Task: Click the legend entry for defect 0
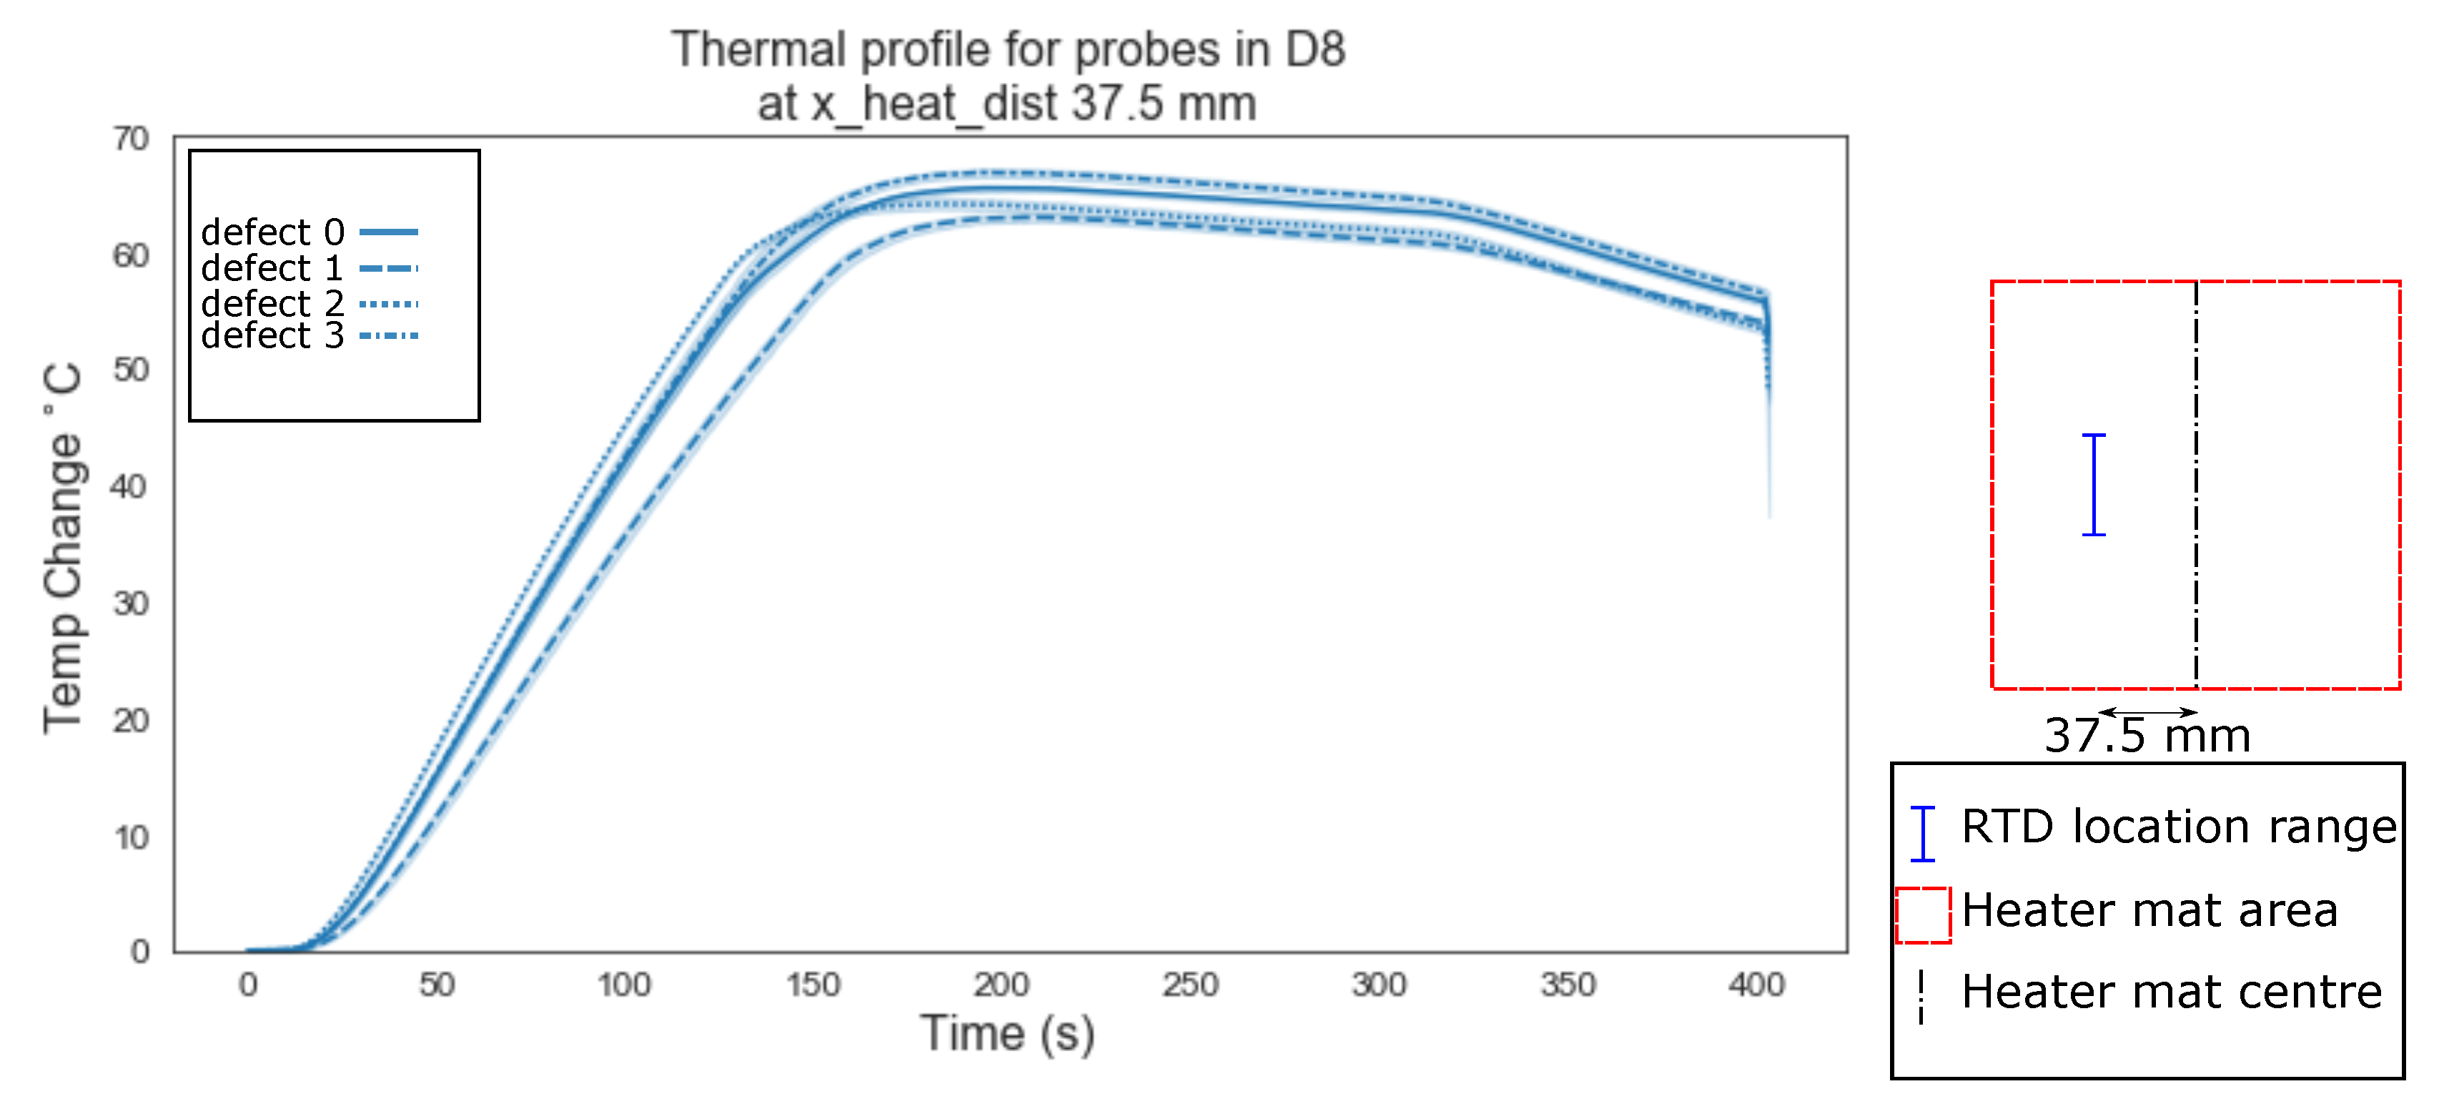click(272, 232)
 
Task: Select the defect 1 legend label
click(272, 268)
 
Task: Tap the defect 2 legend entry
click(272, 304)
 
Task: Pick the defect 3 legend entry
click(272, 335)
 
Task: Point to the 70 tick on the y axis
click(131, 139)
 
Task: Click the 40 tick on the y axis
click(129, 487)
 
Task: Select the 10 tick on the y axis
click(131, 837)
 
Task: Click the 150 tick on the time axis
click(812, 985)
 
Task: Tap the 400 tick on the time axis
click(1756, 985)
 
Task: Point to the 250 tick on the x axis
click(1190, 985)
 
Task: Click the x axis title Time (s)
click(1007, 1033)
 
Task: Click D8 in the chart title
click(1314, 49)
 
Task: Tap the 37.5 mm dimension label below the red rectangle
click(2147, 736)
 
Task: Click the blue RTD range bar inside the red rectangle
click(2094, 485)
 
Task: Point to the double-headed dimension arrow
click(2147, 712)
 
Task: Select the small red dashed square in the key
click(1923, 915)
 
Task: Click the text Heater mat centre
click(2171, 992)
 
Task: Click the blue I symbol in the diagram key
click(1922, 834)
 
